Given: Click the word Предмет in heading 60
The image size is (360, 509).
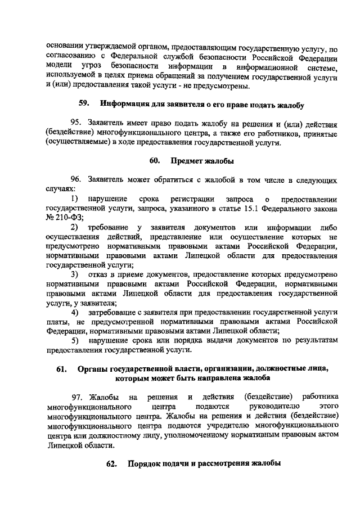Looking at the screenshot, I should (187, 161).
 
